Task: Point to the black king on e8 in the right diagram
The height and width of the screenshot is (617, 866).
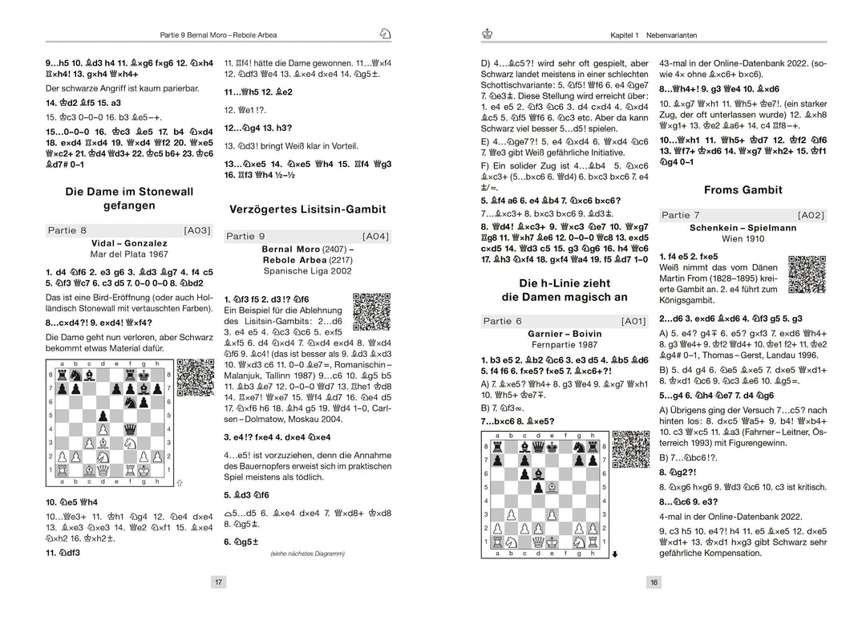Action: coord(552,447)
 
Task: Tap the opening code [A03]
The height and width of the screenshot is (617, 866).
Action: coord(196,230)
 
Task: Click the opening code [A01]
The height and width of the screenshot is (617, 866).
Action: coord(633,321)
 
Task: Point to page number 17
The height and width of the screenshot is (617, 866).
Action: coord(217,582)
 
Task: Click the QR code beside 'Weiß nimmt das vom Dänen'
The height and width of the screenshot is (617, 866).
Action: coord(806,274)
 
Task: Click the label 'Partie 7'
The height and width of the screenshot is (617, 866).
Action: coord(681,215)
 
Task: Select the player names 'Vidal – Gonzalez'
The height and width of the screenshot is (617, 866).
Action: coord(129,243)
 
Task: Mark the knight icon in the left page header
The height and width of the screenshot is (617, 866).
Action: coord(385,33)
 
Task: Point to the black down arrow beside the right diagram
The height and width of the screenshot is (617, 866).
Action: coord(614,553)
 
